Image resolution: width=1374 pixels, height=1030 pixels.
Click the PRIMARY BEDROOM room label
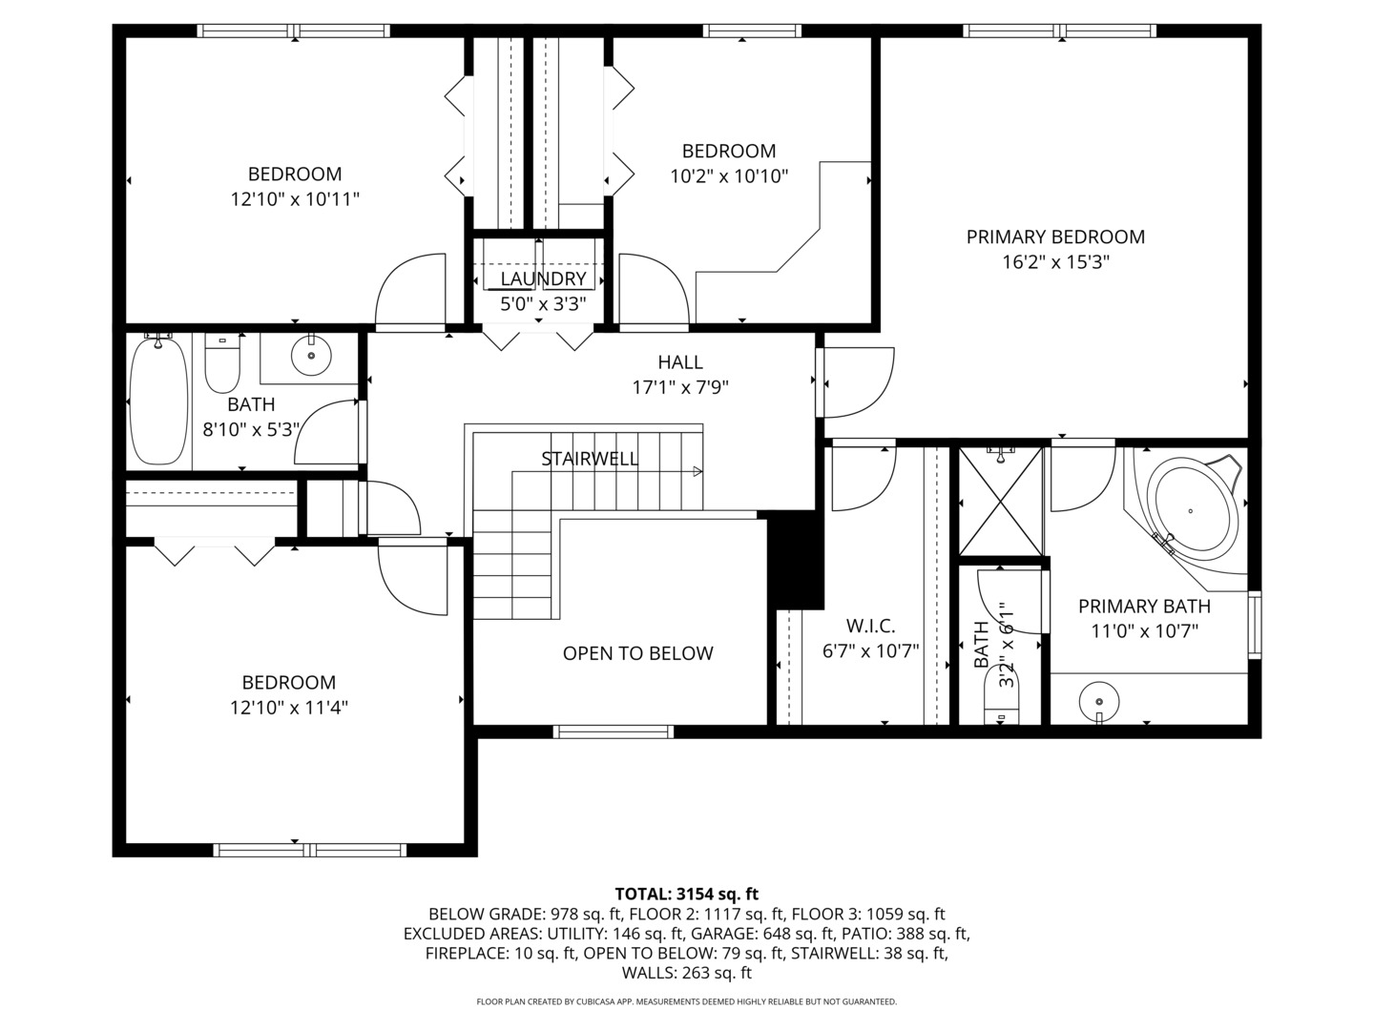coord(1055,237)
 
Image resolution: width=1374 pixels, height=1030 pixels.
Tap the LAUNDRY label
coord(543,278)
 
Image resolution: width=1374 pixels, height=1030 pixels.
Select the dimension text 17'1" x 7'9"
coord(680,387)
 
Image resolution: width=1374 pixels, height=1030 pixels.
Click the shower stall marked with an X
coord(1001,500)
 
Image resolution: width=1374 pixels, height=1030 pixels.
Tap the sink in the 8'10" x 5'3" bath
coord(310,356)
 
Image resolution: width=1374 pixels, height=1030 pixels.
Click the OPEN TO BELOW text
coord(637,653)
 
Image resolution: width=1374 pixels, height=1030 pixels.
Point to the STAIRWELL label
coord(590,459)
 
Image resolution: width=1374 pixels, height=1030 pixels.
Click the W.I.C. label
coord(870,626)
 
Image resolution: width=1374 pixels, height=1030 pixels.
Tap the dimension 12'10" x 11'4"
coord(288,708)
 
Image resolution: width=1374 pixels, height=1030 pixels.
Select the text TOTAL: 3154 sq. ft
coord(686,894)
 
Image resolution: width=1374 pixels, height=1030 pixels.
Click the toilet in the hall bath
coord(222,362)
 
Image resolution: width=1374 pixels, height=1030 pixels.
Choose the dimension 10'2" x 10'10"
coord(729,175)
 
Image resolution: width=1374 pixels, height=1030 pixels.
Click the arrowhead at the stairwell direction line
coord(697,471)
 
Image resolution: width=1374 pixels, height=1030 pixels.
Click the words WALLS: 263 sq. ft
coord(686,973)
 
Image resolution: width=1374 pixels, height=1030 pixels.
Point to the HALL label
coord(680,362)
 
